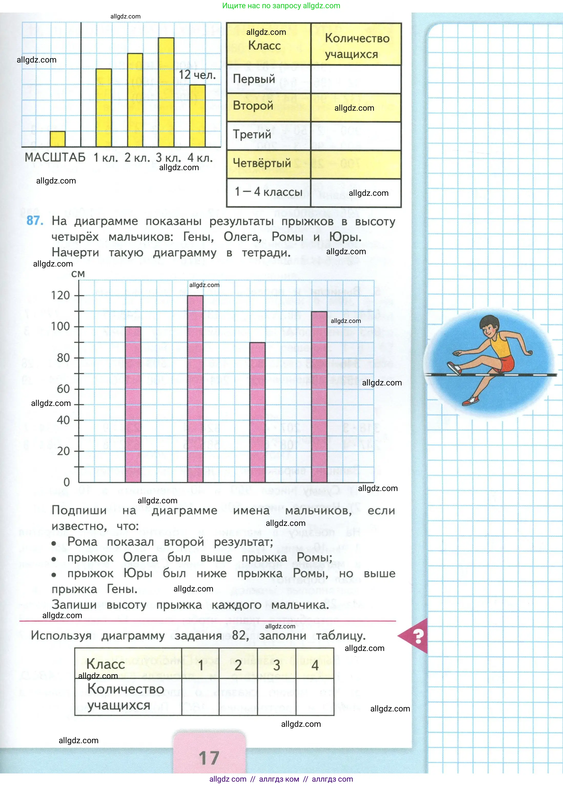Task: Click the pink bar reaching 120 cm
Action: point(195,388)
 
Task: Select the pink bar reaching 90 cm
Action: point(258,412)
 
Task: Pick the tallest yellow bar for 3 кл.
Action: point(166,92)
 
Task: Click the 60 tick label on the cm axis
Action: point(63,389)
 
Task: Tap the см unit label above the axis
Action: point(78,274)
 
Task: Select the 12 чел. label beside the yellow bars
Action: point(197,75)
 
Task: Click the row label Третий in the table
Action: point(252,134)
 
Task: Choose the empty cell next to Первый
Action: point(356,79)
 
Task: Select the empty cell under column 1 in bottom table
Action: point(200,697)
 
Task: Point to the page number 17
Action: point(209,758)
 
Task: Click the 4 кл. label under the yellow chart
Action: point(200,158)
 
